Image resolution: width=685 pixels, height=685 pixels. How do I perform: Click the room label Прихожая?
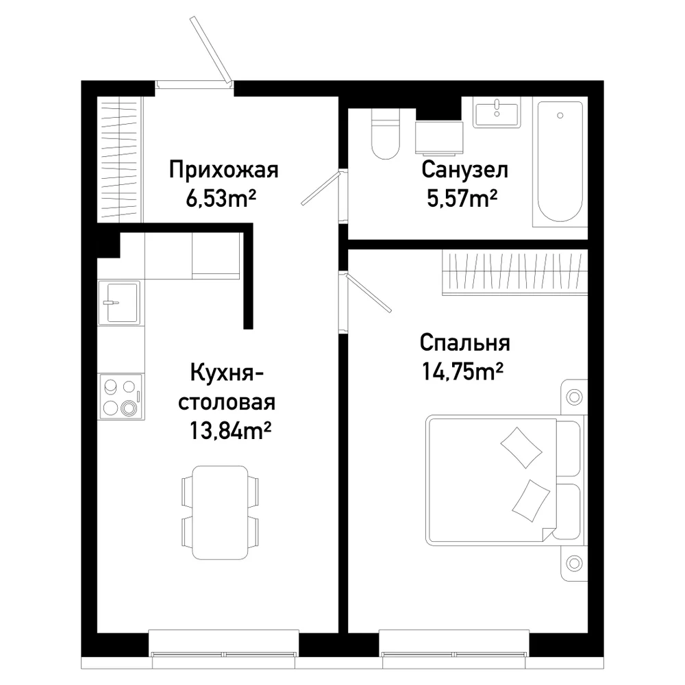pyautogui.click(x=224, y=171)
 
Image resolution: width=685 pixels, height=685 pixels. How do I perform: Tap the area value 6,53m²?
pyautogui.click(x=221, y=199)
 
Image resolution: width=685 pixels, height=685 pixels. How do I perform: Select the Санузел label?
pyautogui.click(x=465, y=170)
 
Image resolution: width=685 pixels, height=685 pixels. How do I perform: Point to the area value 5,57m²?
pyautogui.click(x=462, y=199)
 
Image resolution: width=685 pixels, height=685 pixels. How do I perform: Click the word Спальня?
pyautogui.click(x=465, y=344)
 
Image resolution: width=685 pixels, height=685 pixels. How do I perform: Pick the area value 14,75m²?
pyautogui.click(x=462, y=372)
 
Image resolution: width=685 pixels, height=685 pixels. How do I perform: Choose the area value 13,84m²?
pyautogui.click(x=229, y=430)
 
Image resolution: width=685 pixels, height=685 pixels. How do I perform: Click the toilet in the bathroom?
pyautogui.click(x=385, y=134)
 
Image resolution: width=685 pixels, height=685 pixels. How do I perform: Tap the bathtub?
pyautogui.click(x=560, y=162)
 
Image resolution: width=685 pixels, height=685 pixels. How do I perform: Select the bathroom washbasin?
pyautogui.click(x=497, y=112)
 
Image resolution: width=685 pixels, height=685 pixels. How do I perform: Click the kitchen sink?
pyautogui.click(x=119, y=303)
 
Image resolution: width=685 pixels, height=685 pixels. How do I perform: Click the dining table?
pyautogui.click(x=220, y=512)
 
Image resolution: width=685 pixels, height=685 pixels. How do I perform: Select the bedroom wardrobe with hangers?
pyautogui.click(x=514, y=273)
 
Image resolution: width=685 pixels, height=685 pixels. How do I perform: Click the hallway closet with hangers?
pyautogui.click(x=120, y=160)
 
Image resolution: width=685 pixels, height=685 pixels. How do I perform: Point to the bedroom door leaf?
pyautogui.click(x=368, y=293)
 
